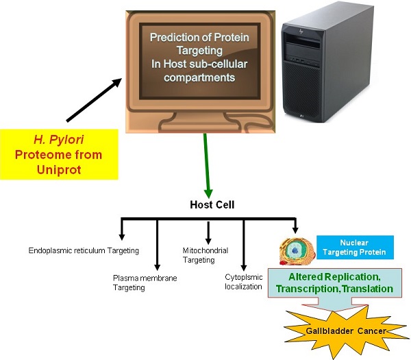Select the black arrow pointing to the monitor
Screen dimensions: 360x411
coord(93,100)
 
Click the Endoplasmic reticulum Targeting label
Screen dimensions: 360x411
coord(84,251)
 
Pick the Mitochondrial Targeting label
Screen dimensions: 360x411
coord(205,256)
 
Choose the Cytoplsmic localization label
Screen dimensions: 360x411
coord(245,282)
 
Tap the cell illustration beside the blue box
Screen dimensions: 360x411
coord(295,251)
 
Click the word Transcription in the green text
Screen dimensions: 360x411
coord(308,289)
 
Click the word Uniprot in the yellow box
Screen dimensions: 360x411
coord(58,168)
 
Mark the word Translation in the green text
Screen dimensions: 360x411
coord(368,289)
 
